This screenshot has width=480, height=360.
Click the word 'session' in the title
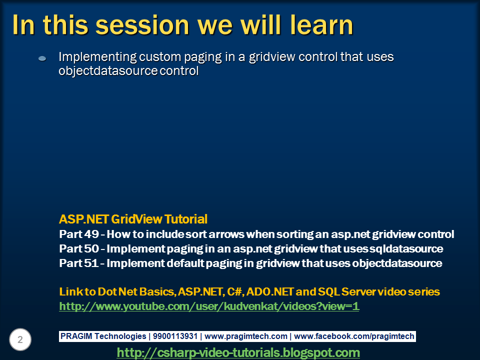pyautogui.click(x=142, y=25)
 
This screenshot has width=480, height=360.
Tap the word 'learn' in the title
pyautogui.click(x=321, y=24)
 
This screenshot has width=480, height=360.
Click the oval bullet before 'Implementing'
pyautogui.click(x=42, y=58)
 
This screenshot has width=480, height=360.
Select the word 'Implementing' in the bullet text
pyautogui.click(x=97, y=57)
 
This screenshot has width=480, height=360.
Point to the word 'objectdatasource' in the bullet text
pyautogui.click(x=108, y=70)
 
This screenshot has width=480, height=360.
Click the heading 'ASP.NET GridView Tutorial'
pyautogui.click(x=133, y=219)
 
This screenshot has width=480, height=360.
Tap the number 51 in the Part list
pyautogui.click(x=91, y=263)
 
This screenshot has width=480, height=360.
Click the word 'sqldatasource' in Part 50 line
pyautogui.click(x=406, y=248)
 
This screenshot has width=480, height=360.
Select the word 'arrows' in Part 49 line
pyautogui.click(x=226, y=234)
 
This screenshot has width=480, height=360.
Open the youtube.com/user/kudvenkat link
pyautogui.click(x=209, y=306)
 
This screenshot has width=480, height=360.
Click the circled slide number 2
pyautogui.click(x=20, y=339)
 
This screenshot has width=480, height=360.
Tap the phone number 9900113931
pyautogui.click(x=175, y=336)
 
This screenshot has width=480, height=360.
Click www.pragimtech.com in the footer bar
pyautogui.click(x=246, y=336)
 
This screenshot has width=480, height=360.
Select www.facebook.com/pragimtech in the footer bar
pyautogui.click(x=354, y=336)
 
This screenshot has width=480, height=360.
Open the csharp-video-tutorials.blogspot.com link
pyautogui.click(x=238, y=352)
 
